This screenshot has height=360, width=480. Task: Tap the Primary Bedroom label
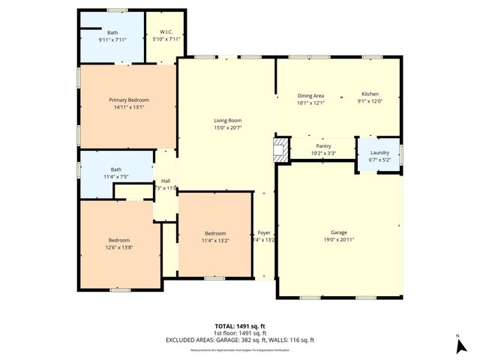128,100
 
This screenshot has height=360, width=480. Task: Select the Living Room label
227,120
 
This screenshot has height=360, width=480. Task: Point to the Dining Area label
310,95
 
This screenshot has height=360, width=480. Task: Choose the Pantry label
323,146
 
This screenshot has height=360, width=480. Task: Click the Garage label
338,232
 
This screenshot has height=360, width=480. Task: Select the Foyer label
264,233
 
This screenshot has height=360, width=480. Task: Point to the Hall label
166,181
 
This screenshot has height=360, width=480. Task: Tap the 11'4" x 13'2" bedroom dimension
215,240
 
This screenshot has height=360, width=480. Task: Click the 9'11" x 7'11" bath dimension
112,39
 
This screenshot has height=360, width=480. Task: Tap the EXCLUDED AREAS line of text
240,340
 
